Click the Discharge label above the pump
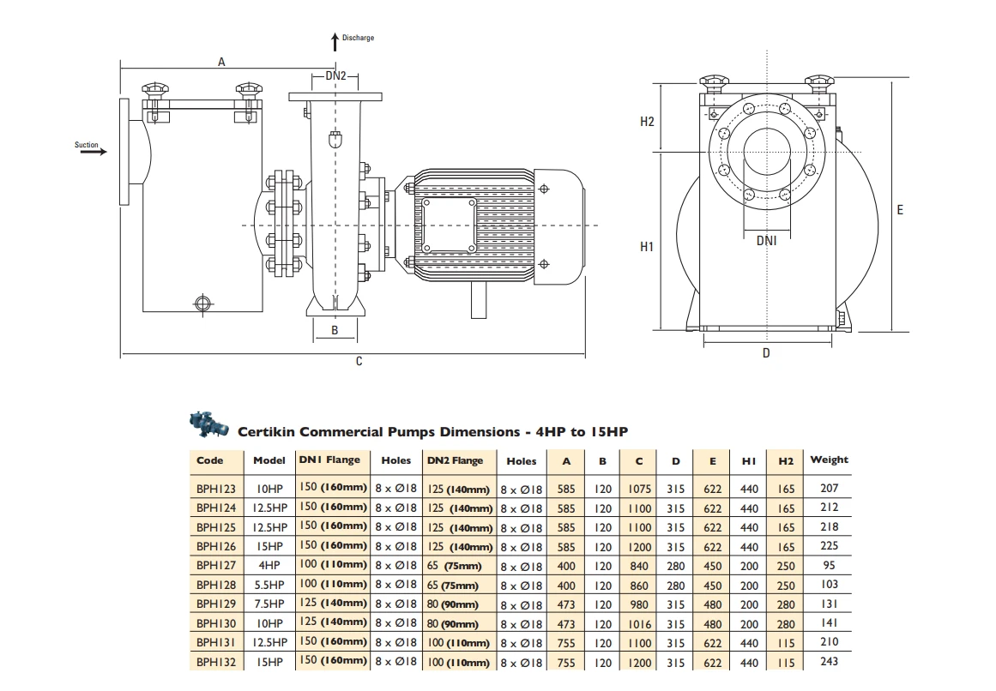tap(357, 38)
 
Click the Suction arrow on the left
tap(94, 152)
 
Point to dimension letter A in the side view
tap(221, 62)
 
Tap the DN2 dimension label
tap(335, 75)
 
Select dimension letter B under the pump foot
tap(335, 329)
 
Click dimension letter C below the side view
tap(359, 362)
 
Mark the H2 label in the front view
tap(647, 122)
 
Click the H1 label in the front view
tap(647, 247)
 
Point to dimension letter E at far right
tap(900, 209)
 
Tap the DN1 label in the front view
tap(766, 241)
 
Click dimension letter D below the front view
tap(766, 352)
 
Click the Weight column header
tap(829, 460)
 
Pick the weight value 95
tap(829, 566)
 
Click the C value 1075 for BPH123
tap(639, 489)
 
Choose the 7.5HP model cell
tap(269, 604)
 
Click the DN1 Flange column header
tap(329, 460)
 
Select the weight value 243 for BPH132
tap(829, 661)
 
